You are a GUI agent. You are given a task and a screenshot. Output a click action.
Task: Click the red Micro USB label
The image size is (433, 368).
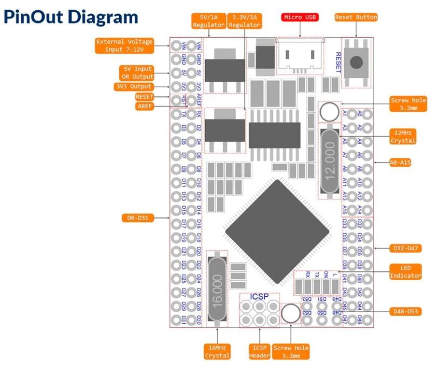coord(300,18)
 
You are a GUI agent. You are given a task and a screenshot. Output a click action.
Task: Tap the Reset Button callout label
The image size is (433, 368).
coord(356,18)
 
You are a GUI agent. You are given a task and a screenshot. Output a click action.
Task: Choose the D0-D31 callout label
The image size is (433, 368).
coord(137,218)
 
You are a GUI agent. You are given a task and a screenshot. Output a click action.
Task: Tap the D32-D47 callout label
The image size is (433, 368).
coord(404,248)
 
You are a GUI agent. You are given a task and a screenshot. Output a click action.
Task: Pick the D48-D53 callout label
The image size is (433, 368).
coord(403,312)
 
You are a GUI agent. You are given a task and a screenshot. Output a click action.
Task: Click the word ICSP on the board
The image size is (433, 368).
coord(259,298)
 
